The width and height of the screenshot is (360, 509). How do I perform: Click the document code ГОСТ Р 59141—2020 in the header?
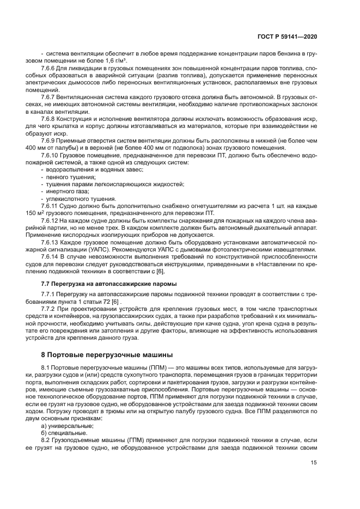point(288,36)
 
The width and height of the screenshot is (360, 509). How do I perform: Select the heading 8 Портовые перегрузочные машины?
point(103,354)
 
